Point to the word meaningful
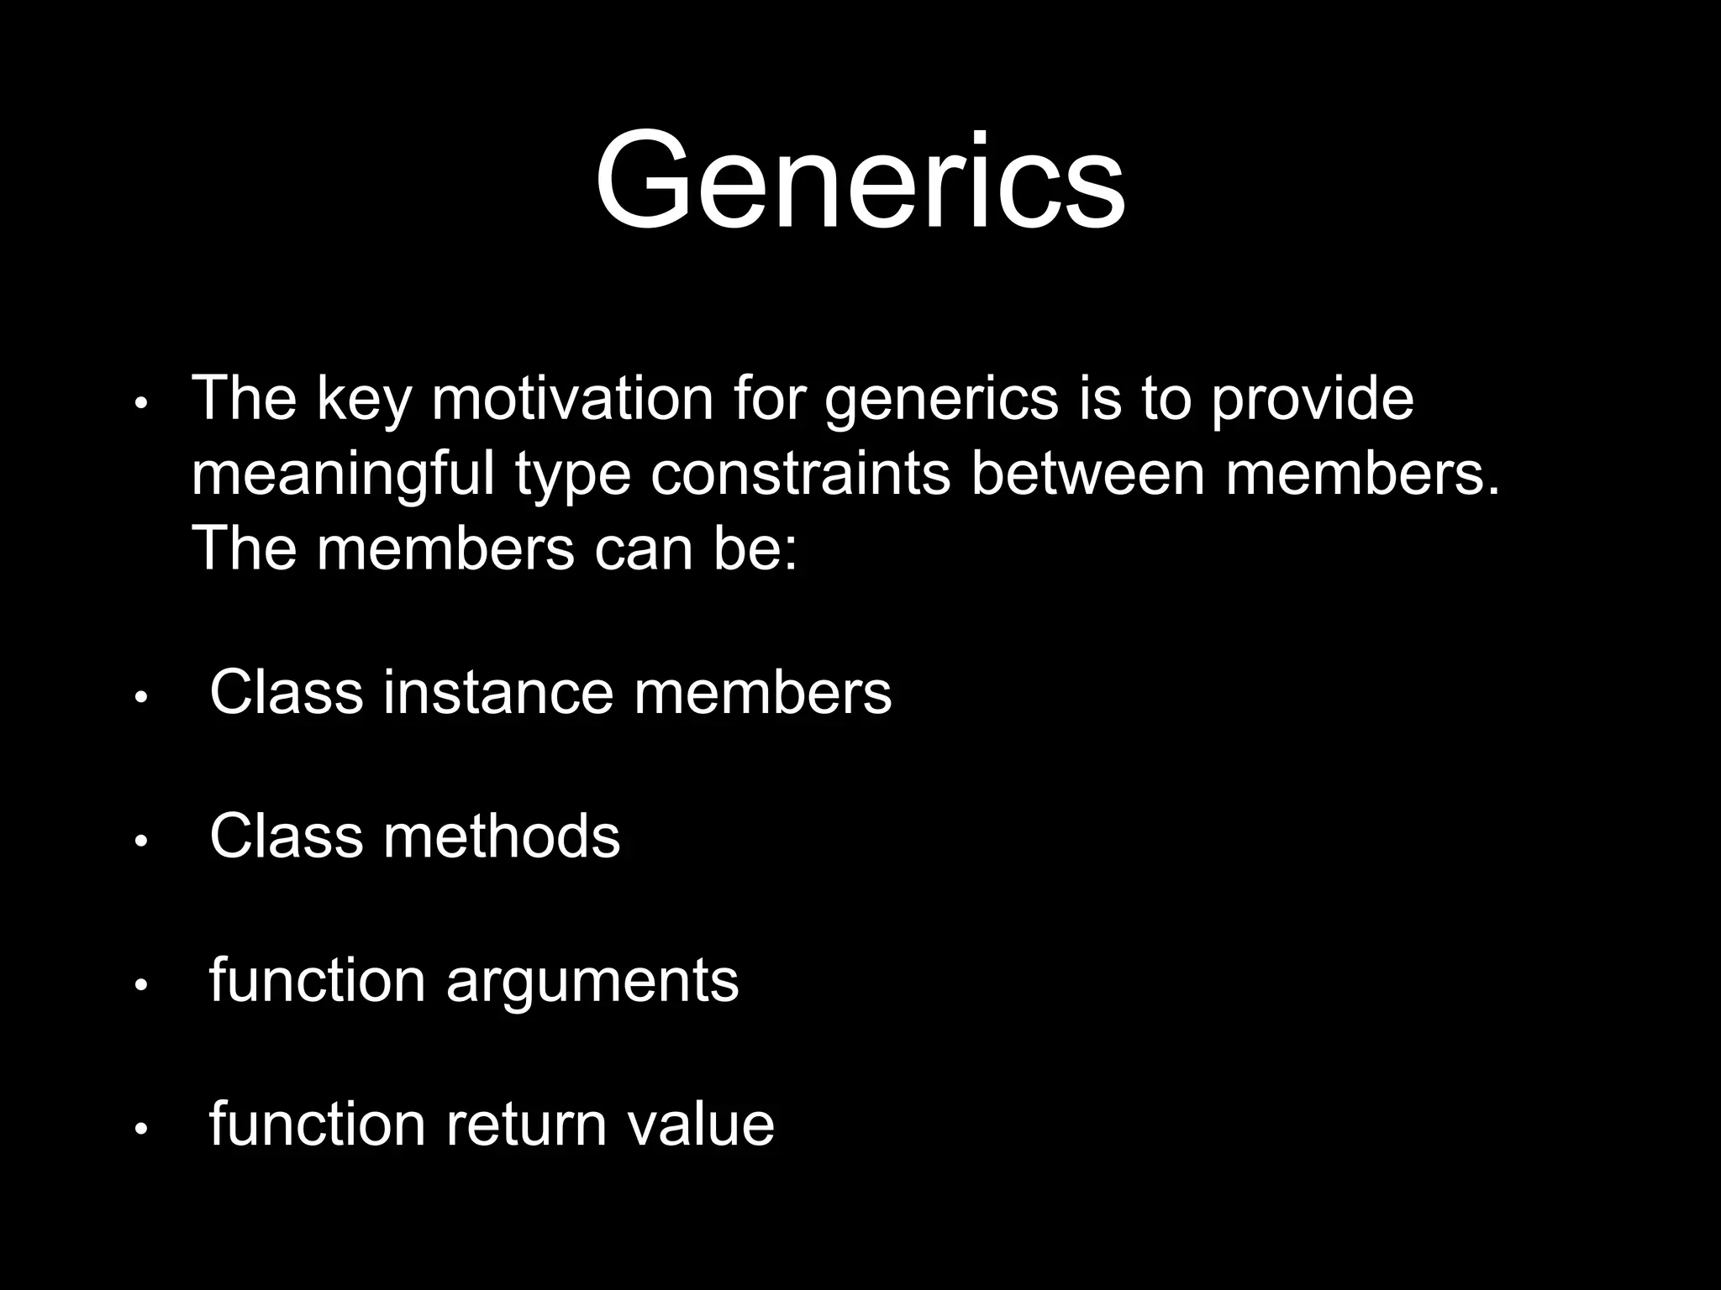pos(343,475)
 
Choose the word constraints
pos(800,474)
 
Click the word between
pos(1088,474)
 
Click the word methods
pos(502,836)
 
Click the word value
pos(701,1125)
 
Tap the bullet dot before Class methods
pos(141,841)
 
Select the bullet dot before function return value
pos(141,1129)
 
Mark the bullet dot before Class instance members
pos(141,697)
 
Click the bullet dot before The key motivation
pos(141,404)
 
